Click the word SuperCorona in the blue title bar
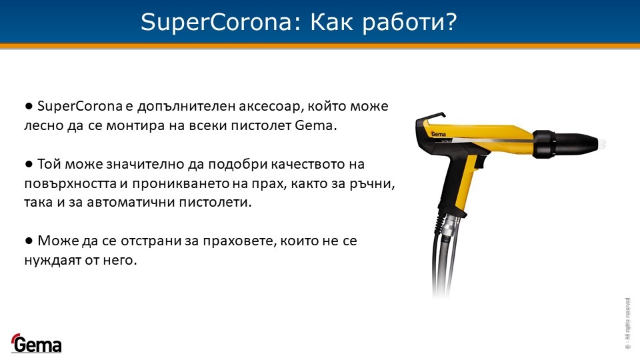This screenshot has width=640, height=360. pyautogui.click(x=216, y=22)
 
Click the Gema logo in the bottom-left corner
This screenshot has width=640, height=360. pyautogui.click(x=36, y=343)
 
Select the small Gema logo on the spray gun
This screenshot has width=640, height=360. pyautogui.click(x=439, y=133)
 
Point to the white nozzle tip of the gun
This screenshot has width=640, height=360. pyautogui.click(x=601, y=143)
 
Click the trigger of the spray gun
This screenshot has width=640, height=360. pyautogui.click(x=477, y=163)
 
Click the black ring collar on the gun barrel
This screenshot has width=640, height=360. pyautogui.click(x=544, y=144)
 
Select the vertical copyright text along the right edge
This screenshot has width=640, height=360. pyautogui.click(x=627, y=323)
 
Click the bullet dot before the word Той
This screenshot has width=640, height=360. pyautogui.click(x=29, y=164)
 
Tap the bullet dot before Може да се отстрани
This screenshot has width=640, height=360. pyautogui.click(x=29, y=241)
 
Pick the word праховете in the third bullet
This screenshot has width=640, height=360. pyautogui.click(x=239, y=241)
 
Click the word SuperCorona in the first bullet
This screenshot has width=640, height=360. pyautogui.click(x=80, y=107)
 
